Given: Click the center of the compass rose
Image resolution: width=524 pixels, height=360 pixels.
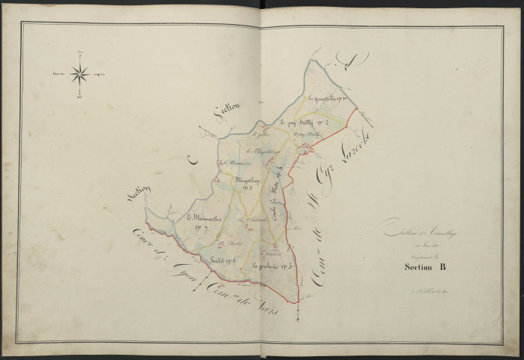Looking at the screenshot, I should coord(80,73).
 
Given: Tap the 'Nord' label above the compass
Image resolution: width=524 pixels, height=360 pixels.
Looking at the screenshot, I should coord(80,51).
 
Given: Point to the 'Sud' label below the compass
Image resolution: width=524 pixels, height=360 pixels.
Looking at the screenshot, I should coord(80,97).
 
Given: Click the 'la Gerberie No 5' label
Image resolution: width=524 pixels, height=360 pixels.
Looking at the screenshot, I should coord(271,265).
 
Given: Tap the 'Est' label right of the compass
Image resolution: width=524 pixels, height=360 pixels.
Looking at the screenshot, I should coord(103,73).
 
